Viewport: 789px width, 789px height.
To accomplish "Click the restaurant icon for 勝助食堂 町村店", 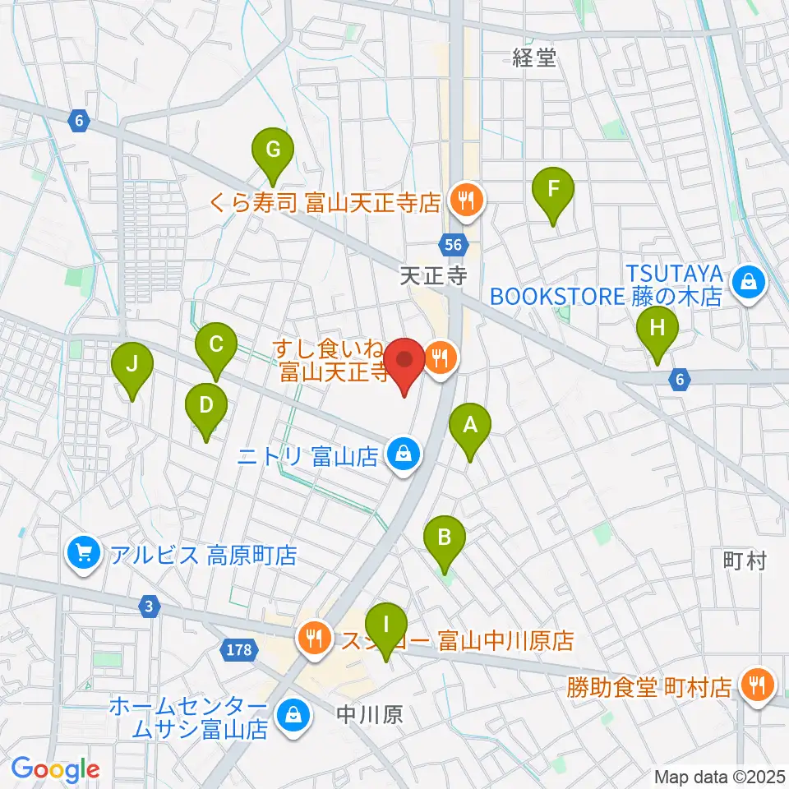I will tap(754, 684).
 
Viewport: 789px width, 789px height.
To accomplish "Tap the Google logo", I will tap(56, 769).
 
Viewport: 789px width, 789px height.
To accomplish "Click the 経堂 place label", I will tap(534, 58).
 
